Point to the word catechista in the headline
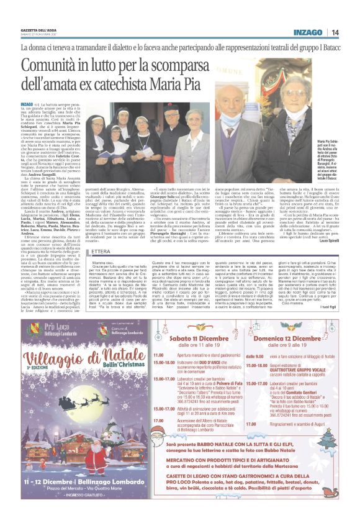[157, 84]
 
